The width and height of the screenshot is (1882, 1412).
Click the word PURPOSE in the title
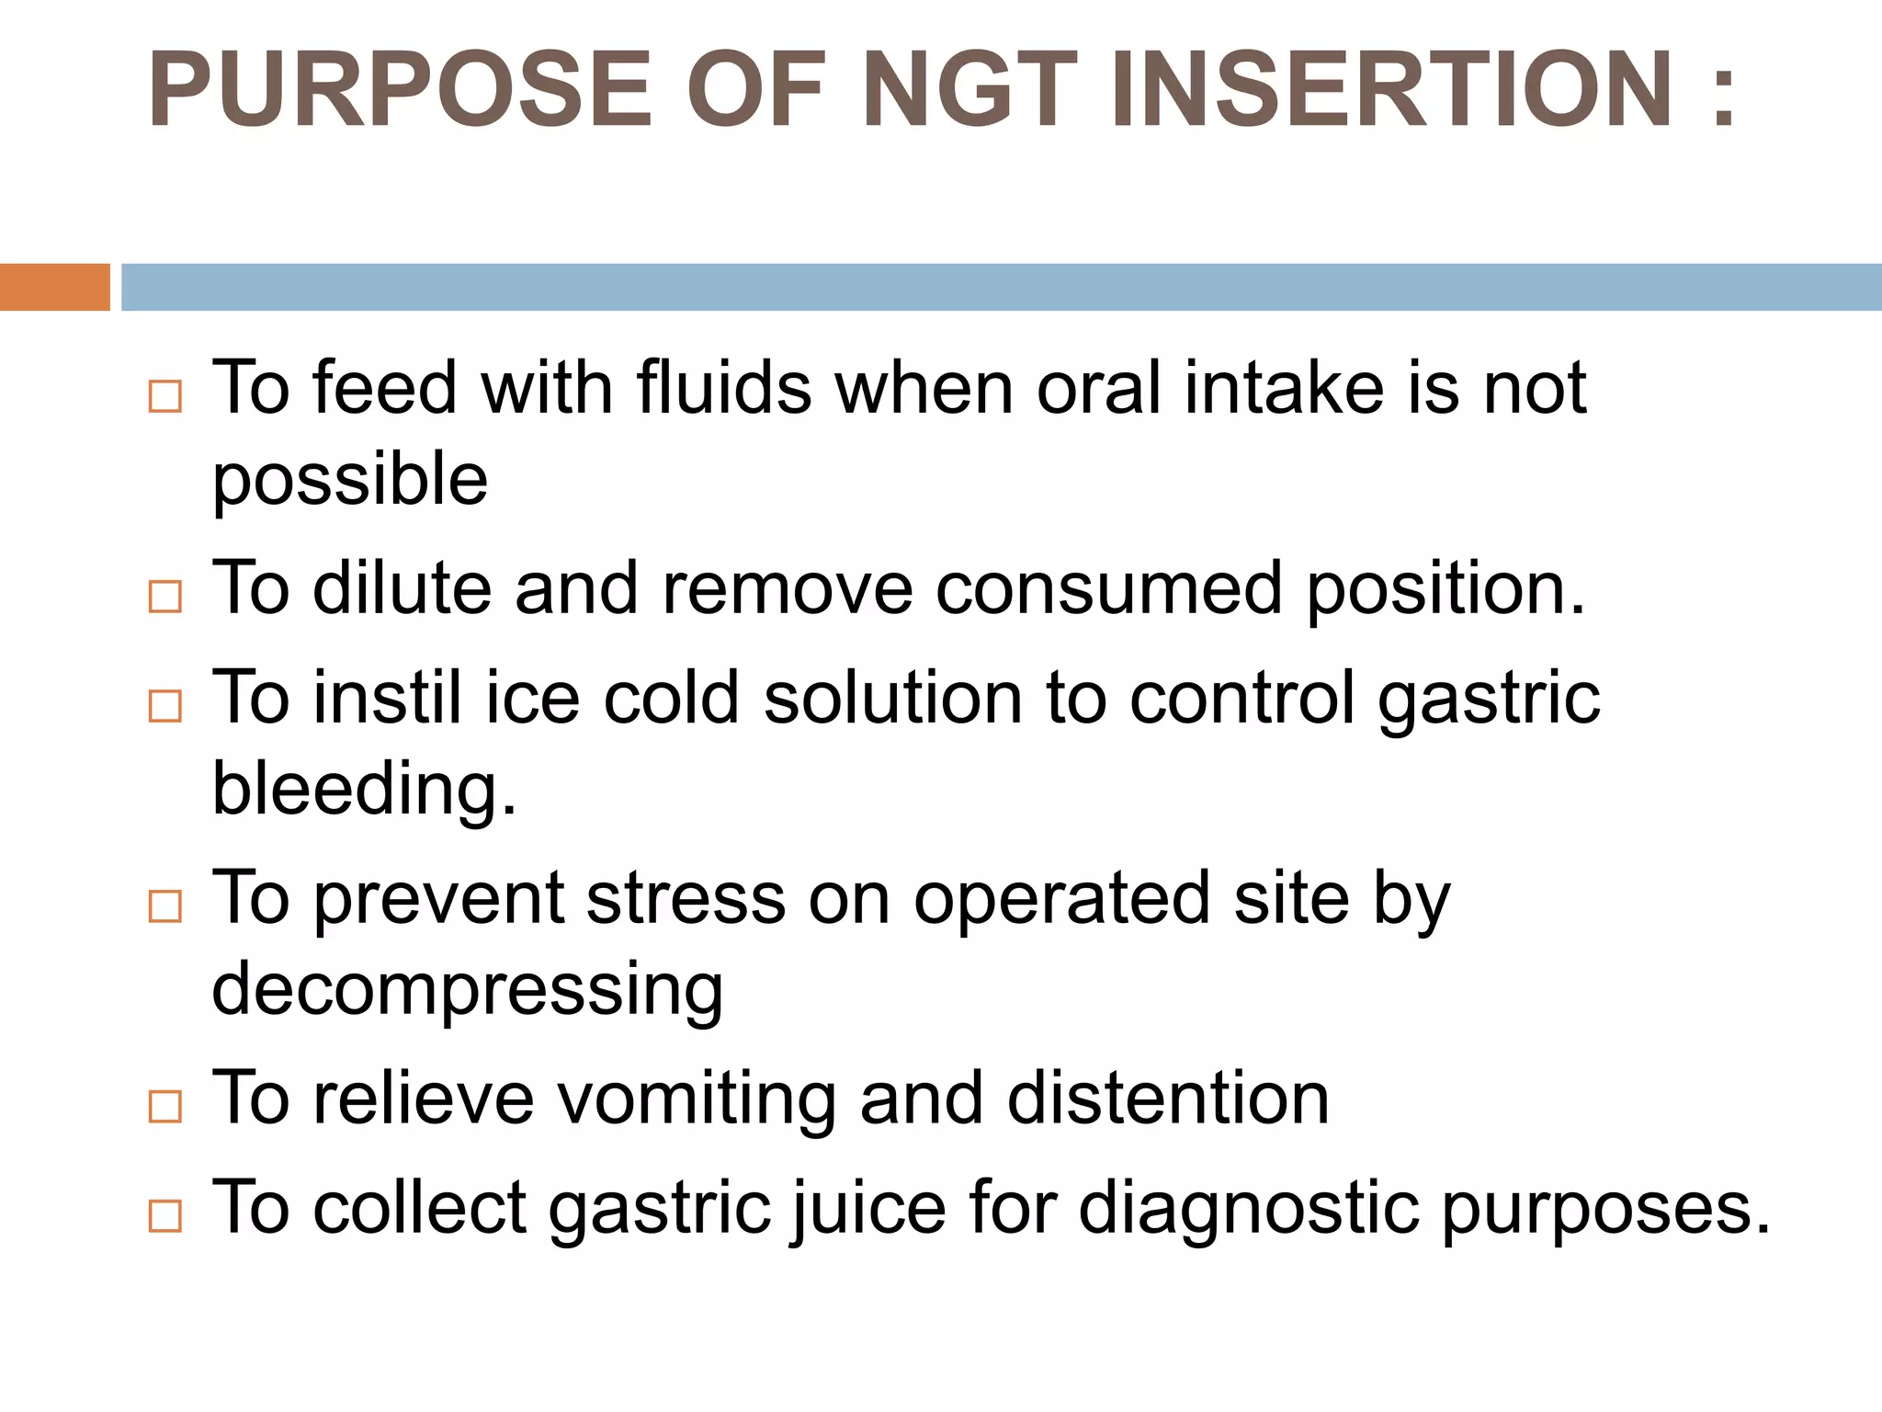click(x=400, y=89)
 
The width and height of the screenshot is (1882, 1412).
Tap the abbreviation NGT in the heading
click(x=970, y=89)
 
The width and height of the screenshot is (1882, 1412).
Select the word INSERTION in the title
click(x=1391, y=89)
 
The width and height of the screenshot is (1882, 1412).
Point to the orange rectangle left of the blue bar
click(x=54, y=287)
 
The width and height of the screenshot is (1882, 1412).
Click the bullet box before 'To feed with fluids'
click(x=165, y=397)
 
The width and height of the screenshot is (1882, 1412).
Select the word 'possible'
click(x=350, y=479)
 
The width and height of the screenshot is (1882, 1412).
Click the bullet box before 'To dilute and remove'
click(x=165, y=598)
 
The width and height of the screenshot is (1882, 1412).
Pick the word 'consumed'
click(x=1108, y=588)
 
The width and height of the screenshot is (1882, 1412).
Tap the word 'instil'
click(x=387, y=697)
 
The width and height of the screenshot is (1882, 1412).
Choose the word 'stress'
click(x=686, y=898)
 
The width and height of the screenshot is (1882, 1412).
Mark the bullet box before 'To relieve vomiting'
click(x=165, y=1107)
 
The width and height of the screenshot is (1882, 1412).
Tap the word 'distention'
click(x=1168, y=1098)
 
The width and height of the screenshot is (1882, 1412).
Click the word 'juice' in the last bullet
click(x=868, y=1208)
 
